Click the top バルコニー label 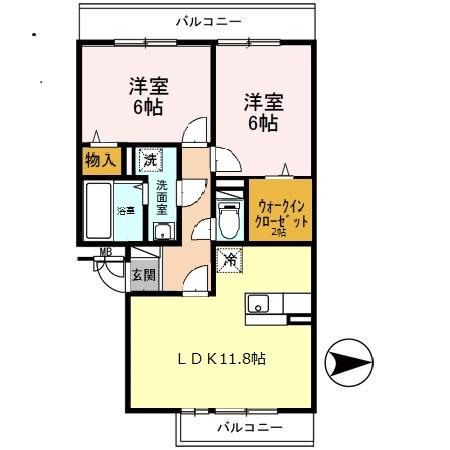click(208, 19)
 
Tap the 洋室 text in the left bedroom click(146, 85)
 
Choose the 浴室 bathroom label click(128, 211)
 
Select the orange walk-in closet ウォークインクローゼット click(281, 208)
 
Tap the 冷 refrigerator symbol click(229, 259)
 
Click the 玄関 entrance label click(143, 275)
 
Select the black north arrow click(347, 361)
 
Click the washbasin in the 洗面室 click(161, 232)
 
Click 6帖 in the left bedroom click(146, 108)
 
